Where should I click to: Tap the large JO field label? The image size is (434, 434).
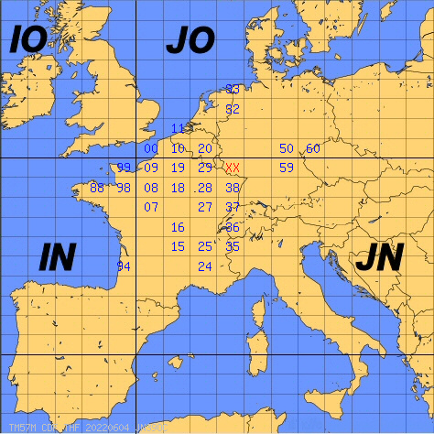click(190, 40)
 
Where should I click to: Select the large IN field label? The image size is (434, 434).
click(57, 258)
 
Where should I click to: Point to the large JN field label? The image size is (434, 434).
click(378, 258)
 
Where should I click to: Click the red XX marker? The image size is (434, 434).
click(233, 168)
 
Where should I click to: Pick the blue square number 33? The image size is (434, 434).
click(233, 89)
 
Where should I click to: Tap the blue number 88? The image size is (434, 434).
click(97, 188)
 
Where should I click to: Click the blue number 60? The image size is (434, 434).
click(313, 148)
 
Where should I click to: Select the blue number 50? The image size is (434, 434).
click(287, 148)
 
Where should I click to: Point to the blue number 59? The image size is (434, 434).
click(287, 168)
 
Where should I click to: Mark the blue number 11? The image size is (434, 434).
click(179, 128)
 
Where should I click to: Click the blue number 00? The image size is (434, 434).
click(151, 148)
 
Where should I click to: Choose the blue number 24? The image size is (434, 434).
click(205, 266)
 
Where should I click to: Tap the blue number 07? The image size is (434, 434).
click(151, 207)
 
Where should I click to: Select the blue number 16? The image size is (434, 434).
click(179, 227)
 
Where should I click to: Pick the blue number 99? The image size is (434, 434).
click(125, 168)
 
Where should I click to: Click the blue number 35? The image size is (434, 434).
click(233, 246)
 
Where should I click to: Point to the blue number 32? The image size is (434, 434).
click(233, 109)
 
